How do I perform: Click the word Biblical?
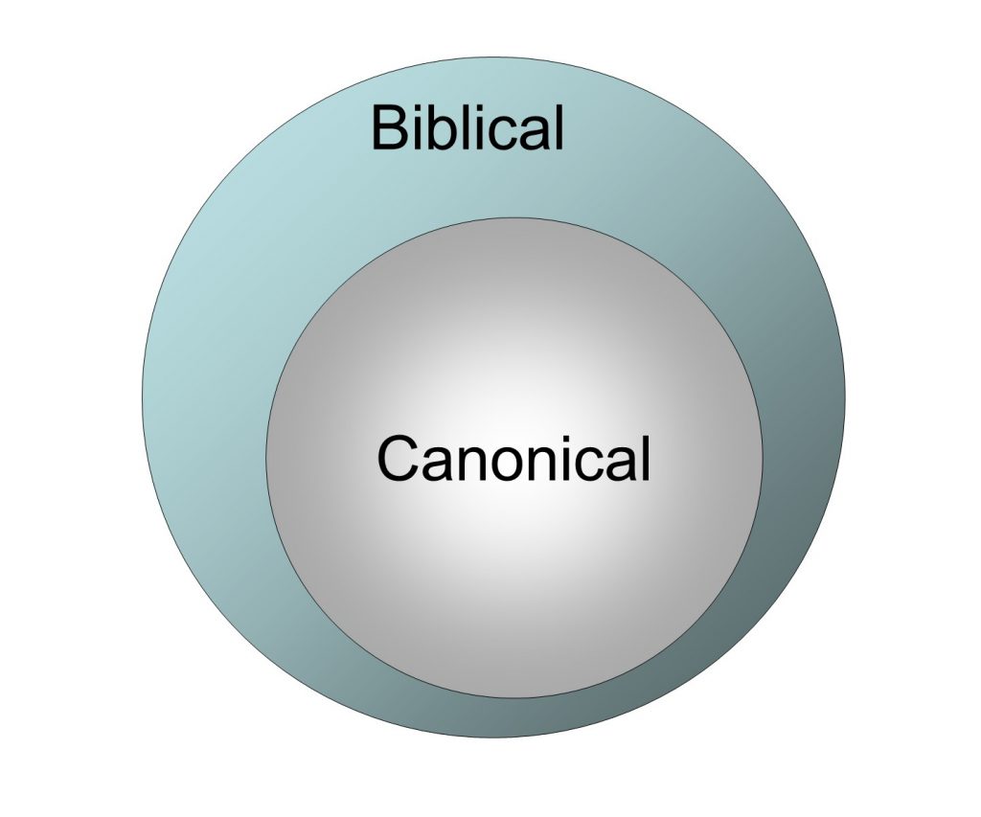pos(468,127)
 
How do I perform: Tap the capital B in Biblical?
pos(389,128)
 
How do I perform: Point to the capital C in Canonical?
pos(399,459)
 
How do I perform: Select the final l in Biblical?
pos(559,127)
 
